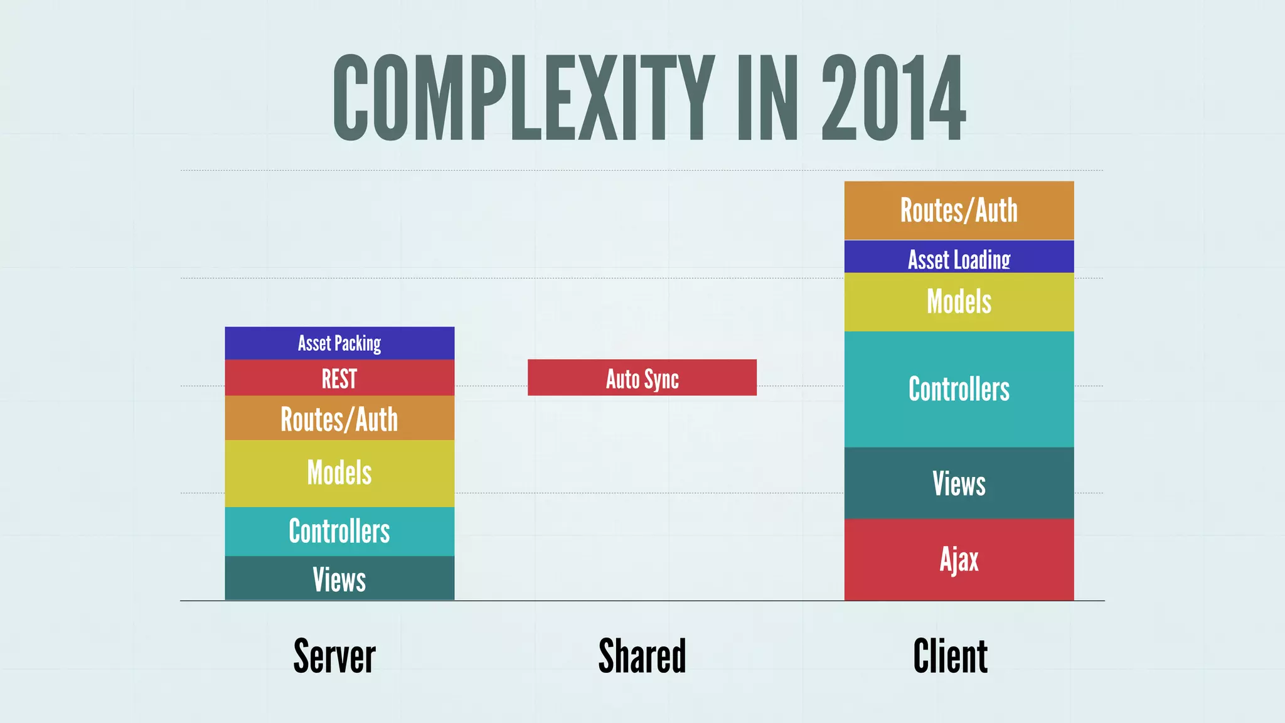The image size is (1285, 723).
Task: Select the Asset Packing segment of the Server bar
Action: (x=339, y=343)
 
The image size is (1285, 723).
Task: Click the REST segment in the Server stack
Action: (x=339, y=378)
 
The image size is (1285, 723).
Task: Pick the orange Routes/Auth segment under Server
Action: (x=339, y=418)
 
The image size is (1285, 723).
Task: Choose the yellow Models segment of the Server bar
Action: (x=339, y=473)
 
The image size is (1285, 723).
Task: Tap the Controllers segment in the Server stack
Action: (x=339, y=531)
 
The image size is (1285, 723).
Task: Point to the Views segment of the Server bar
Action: (x=339, y=579)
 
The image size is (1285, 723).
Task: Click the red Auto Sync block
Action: (x=642, y=378)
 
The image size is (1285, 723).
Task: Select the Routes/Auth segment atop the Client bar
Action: (x=959, y=210)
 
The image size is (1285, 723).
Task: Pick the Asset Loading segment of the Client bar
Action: (x=959, y=257)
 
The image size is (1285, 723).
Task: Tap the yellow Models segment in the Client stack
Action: (x=959, y=302)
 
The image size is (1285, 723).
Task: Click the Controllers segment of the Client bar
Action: (x=959, y=389)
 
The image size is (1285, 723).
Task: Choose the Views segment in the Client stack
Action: (x=959, y=483)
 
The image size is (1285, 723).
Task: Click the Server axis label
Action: (x=334, y=656)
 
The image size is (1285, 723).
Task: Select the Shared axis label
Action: (x=642, y=656)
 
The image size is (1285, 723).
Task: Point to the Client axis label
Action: (x=950, y=656)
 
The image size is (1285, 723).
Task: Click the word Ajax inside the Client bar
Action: (x=959, y=559)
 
